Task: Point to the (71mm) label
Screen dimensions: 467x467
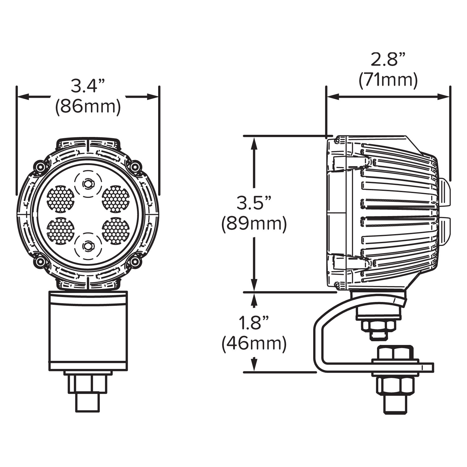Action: [x=388, y=80]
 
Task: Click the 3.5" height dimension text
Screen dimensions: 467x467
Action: [x=254, y=203]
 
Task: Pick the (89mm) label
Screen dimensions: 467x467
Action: [x=254, y=224]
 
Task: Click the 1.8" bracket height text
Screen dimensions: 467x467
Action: [x=254, y=323]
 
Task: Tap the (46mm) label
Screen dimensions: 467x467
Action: [x=254, y=344]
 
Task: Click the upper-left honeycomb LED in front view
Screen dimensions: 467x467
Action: [x=60, y=199]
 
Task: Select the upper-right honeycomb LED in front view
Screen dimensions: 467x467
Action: [x=116, y=199]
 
